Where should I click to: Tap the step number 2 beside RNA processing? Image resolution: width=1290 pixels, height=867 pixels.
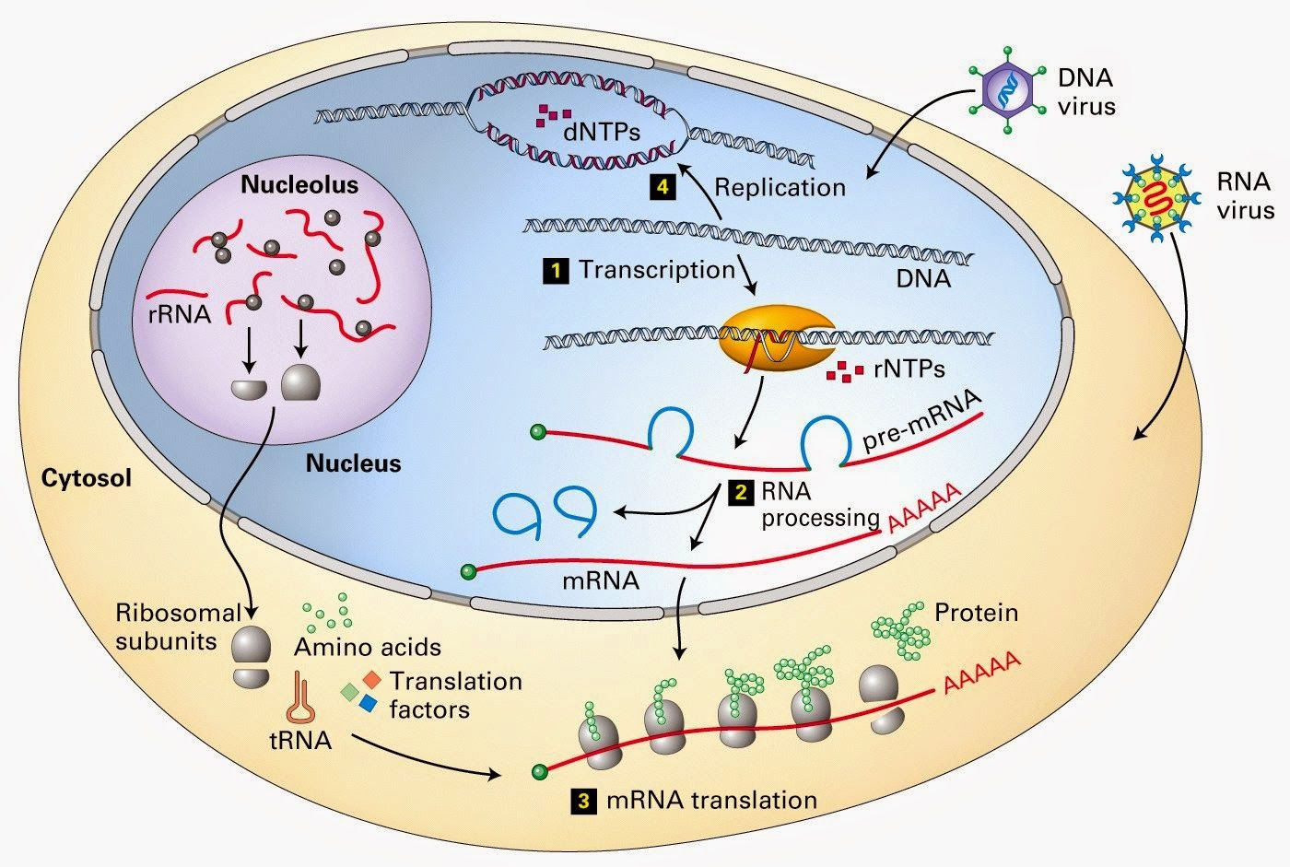pos(739,493)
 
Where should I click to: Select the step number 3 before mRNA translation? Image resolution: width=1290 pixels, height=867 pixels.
pos(582,801)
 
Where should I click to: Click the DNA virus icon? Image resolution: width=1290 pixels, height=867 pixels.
pos(1006,88)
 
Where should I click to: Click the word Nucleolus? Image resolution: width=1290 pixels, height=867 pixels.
pos(299,185)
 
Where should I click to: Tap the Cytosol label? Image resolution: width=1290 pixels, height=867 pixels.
pos(87,477)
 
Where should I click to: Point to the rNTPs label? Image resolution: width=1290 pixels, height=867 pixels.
pos(909,370)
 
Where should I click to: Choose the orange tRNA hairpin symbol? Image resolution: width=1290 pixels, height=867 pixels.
pos(301,697)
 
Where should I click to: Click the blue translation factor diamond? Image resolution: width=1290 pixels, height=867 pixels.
pos(368,704)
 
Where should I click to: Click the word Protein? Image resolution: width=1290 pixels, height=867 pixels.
pos(976,613)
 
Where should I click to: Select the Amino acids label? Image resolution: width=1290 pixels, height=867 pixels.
pos(368,647)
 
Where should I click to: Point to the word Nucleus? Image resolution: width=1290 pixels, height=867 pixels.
pos(354,463)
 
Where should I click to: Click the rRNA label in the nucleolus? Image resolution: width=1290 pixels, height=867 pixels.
pos(179,314)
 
